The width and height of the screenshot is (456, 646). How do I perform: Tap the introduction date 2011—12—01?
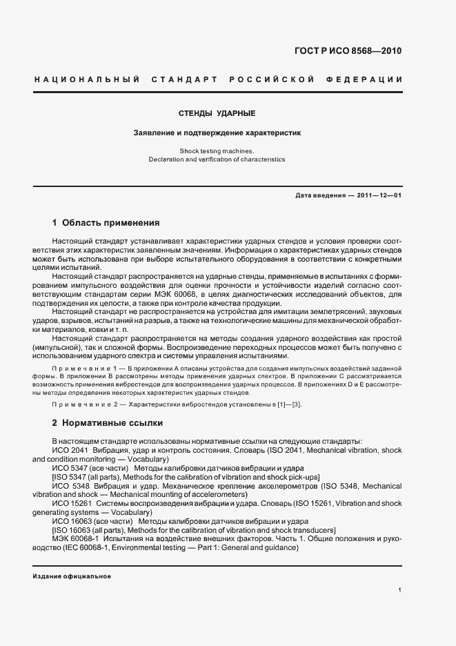click(380, 195)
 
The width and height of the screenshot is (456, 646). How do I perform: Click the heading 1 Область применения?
click(106, 223)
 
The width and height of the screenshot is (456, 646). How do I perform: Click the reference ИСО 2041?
click(67, 450)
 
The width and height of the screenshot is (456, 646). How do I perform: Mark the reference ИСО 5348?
click(67, 486)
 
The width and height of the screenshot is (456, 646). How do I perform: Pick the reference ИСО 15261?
click(69, 504)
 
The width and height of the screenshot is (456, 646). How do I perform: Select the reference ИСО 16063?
click(69, 521)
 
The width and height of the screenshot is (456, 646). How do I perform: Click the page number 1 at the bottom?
click(400, 590)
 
